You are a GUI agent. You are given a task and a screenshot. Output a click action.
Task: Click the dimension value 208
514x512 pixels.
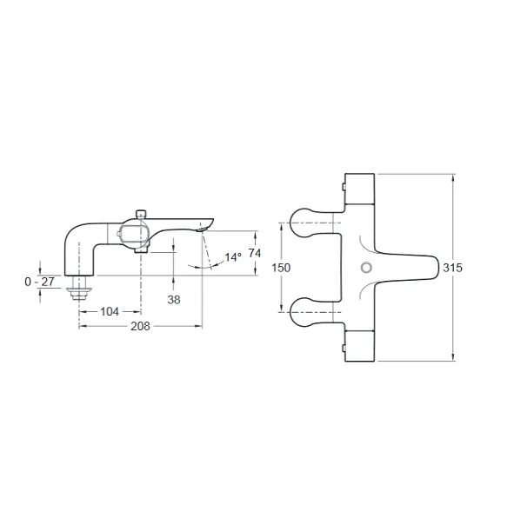[140, 326]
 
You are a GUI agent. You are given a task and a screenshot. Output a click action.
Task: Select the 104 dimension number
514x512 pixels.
[110, 312]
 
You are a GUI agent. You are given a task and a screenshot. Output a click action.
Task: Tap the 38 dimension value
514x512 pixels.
[174, 300]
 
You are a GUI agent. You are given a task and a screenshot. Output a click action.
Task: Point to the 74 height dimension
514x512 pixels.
[255, 253]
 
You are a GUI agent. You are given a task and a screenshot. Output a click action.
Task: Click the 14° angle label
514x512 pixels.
[233, 257]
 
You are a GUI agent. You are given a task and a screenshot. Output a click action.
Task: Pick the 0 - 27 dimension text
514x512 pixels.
[40, 282]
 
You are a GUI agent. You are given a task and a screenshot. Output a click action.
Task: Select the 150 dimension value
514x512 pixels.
[281, 268]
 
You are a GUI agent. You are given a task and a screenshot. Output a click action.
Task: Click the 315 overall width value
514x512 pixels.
[452, 268]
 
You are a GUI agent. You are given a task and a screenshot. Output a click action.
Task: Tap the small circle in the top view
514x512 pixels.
[366, 268]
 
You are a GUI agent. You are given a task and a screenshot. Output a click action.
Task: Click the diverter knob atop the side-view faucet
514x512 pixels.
[141, 213]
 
